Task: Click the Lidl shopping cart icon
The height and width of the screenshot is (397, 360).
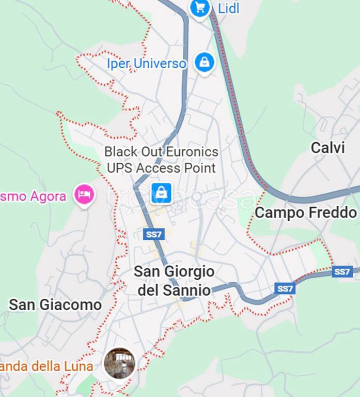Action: coord(200,8)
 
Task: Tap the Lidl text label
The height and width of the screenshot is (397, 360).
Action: coord(228,8)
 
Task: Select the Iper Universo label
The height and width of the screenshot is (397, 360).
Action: coord(146,64)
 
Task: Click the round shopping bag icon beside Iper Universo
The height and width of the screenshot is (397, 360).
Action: coord(205,62)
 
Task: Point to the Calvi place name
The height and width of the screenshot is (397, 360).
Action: coord(327,148)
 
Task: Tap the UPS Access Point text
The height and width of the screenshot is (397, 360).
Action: coord(161,168)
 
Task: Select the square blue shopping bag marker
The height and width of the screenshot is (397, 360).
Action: coord(161,193)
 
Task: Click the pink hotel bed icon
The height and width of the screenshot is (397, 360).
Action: coord(84,195)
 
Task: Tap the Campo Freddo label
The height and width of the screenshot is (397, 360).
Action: coord(306,212)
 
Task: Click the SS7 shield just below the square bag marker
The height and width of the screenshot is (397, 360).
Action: coord(154,234)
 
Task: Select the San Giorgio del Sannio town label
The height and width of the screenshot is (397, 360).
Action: coord(174,281)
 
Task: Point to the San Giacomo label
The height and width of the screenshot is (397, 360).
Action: coord(55,305)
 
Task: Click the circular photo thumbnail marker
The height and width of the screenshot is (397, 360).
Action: coord(119,363)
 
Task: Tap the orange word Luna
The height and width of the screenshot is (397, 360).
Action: coord(80,367)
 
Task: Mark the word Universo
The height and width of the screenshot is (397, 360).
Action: coord(160,64)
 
